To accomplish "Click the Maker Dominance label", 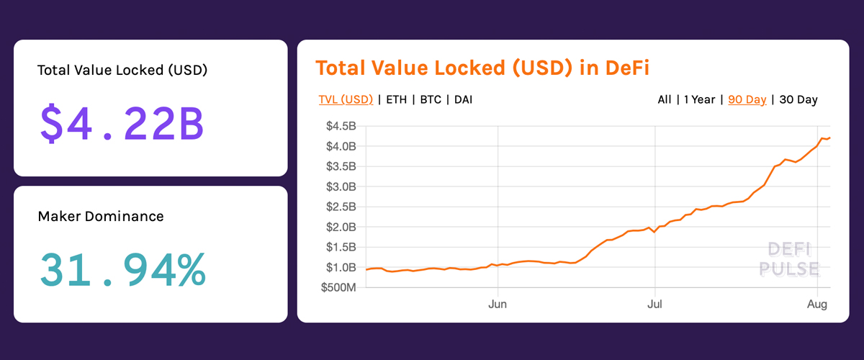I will (101, 216).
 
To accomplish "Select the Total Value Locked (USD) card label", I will (122, 71).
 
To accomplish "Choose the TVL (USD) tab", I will (346, 99).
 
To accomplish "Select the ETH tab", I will (396, 99).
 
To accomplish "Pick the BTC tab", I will (431, 99).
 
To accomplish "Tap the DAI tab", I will (464, 99).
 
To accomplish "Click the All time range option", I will (665, 99).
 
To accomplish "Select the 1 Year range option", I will (699, 99).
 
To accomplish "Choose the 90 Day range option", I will (747, 99).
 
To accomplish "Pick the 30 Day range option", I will (798, 99).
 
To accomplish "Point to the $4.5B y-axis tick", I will (341, 126).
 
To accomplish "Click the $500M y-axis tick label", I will (338, 287).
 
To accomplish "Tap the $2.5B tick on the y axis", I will (341, 207).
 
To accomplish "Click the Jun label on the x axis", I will (498, 305).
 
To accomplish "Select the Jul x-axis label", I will (654, 305).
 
